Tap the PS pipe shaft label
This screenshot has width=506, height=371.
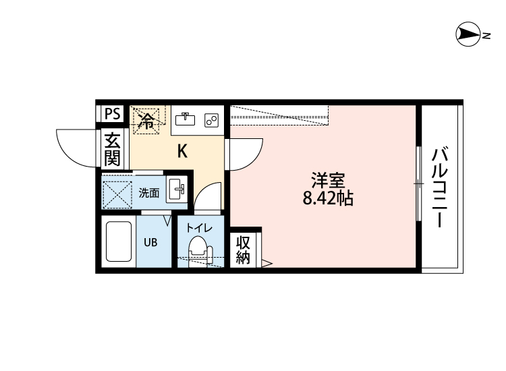113,114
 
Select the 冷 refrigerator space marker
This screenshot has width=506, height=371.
146,121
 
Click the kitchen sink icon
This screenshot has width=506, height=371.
184,119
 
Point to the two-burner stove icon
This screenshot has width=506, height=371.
211,120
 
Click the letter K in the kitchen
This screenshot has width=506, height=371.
181,151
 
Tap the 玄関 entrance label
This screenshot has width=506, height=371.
113,150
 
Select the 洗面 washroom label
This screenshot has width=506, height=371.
149,193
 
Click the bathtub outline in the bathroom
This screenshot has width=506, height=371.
119,241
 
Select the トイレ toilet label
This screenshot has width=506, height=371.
199,228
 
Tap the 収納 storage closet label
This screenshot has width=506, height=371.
243,250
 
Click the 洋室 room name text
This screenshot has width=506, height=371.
328,181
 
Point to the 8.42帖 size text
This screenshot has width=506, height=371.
329,199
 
